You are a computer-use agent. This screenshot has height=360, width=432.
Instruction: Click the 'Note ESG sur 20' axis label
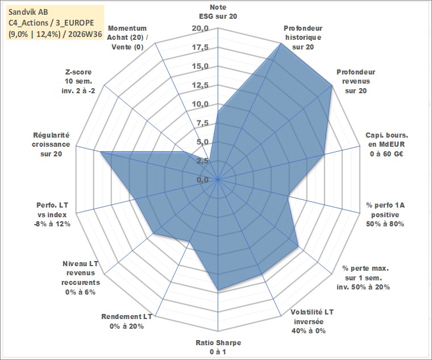(218, 12)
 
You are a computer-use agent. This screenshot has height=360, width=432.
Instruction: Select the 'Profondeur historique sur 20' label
(303, 38)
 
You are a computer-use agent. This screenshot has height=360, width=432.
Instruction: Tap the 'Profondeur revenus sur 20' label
(356, 81)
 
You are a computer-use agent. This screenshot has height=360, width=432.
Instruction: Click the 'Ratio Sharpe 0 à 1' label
(218, 347)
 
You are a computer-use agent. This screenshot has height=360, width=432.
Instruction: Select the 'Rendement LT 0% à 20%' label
(127, 321)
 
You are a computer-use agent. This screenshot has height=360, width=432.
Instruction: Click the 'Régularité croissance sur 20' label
(51, 144)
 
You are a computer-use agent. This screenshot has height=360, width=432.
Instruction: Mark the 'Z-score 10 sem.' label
(78, 81)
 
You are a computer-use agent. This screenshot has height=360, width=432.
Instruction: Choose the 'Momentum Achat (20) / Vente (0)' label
(127, 38)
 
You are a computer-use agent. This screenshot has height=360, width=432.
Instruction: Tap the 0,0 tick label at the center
(202, 180)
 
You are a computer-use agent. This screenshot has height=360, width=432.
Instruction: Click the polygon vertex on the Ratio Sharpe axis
(218, 289)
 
